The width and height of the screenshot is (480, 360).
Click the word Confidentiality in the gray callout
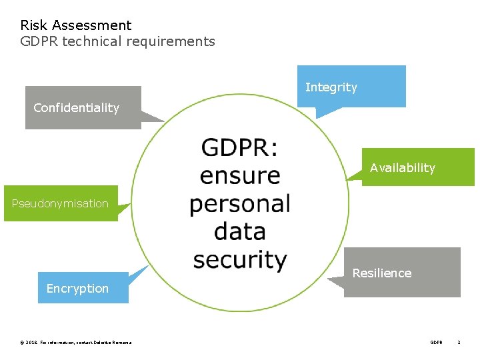click(76, 108)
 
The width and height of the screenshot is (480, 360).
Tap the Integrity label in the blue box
click(331, 87)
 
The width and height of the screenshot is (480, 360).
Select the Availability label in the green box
click(402, 168)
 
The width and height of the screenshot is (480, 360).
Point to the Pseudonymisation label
click(60, 203)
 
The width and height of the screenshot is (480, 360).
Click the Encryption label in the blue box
click(77, 289)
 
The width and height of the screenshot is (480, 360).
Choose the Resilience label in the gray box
click(381, 273)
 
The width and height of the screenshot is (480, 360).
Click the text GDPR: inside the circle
click(239, 147)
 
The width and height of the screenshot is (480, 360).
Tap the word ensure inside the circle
click(240, 175)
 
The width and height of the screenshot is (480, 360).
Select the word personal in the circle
click(240, 204)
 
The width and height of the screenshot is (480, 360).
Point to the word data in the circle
click(240, 231)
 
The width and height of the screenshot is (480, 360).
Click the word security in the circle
click(240, 259)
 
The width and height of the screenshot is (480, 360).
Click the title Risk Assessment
click(76, 25)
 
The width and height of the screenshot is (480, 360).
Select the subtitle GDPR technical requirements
click(117, 41)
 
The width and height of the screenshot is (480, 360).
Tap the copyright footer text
click(76, 343)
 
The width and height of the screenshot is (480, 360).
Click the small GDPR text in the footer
click(436, 343)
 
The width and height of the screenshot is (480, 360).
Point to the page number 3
click(459, 343)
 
